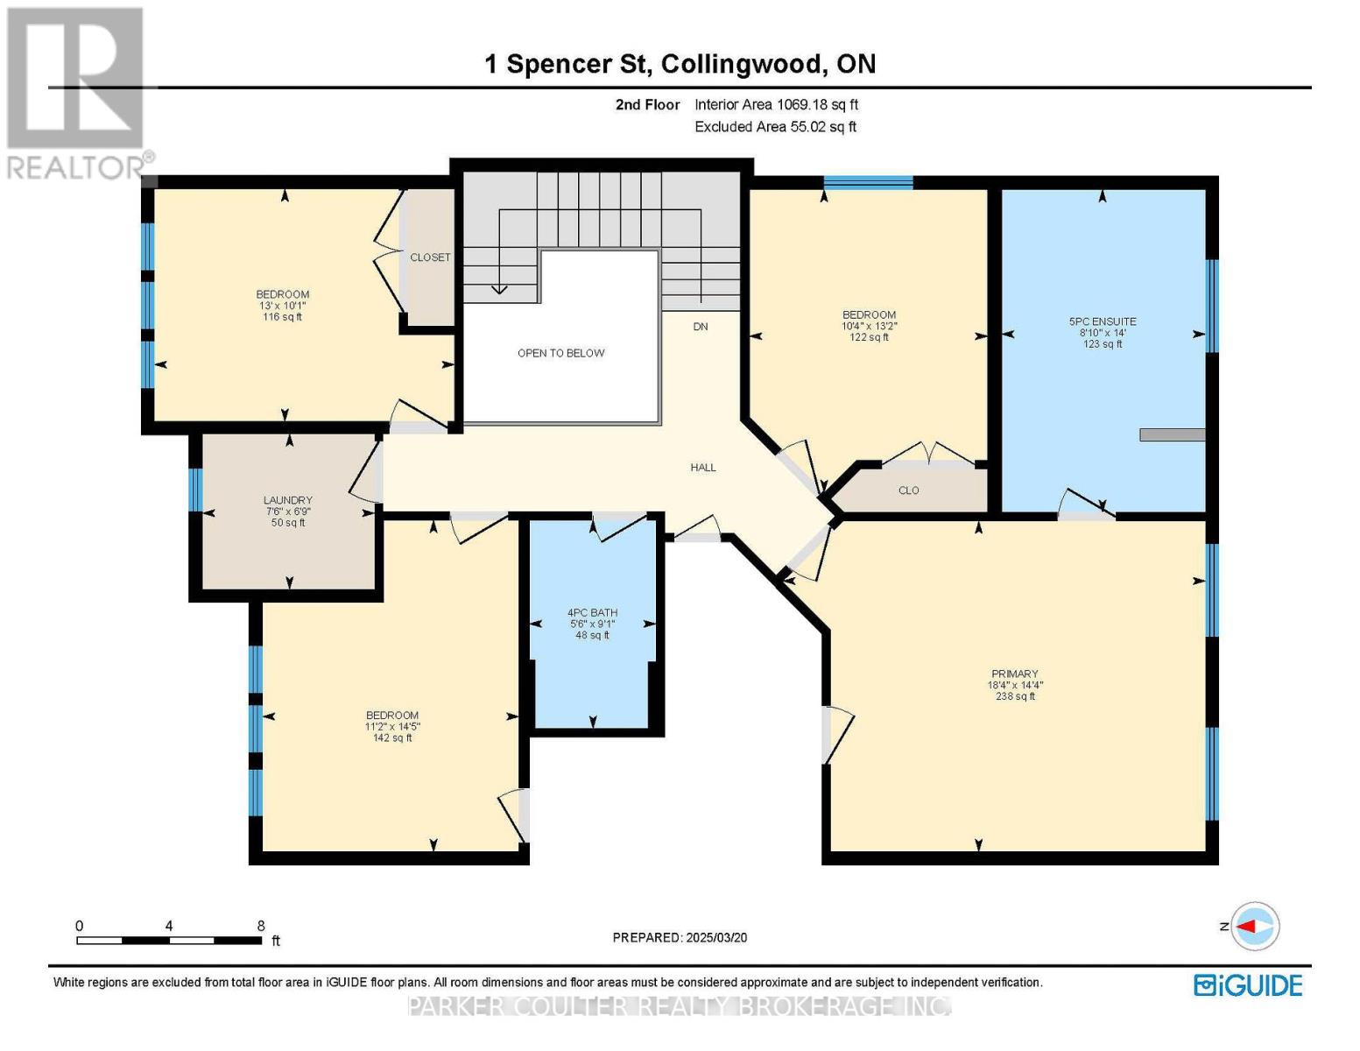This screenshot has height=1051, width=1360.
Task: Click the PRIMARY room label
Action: (x=1014, y=674)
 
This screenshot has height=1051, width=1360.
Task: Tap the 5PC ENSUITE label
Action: (x=1103, y=321)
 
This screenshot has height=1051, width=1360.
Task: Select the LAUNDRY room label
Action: (x=288, y=500)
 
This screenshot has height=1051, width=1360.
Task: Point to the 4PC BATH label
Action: (x=592, y=613)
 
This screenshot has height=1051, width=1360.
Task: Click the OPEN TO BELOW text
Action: (x=560, y=353)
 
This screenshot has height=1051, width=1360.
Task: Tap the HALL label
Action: (x=703, y=468)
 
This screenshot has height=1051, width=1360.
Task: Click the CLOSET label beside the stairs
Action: (x=430, y=257)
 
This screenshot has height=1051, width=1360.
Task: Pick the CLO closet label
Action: (x=908, y=490)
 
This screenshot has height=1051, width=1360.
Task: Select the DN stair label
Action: (x=701, y=327)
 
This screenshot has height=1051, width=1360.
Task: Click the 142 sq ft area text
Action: (x=392, y=738)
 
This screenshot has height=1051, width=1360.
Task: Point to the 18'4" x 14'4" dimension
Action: (x=1015, y=685)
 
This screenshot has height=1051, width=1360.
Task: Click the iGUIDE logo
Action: (x=1248, y=985)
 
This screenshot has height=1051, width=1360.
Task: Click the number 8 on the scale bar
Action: (x=261, y=926)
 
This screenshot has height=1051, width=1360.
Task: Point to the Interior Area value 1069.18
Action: (x=801, y=104)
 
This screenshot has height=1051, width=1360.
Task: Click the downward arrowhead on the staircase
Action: (x=499, y=289)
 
